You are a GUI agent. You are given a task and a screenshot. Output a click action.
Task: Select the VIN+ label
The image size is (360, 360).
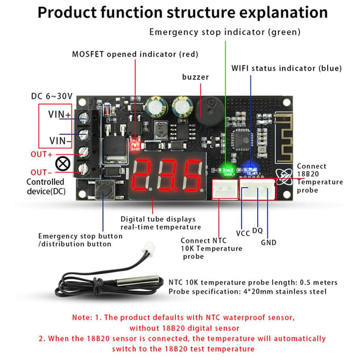[60, 114]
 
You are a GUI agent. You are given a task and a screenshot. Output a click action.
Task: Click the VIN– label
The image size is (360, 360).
[60, 141]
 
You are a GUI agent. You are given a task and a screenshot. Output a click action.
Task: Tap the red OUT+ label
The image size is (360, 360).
[41, 154]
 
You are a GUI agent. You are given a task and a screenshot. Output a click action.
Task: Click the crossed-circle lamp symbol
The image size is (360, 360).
[62, 164]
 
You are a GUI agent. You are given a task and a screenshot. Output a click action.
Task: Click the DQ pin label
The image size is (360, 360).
[257, 230]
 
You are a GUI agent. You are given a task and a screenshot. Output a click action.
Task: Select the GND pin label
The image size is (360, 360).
[268, 242]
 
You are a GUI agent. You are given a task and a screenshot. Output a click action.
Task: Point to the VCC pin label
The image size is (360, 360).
[243, 233]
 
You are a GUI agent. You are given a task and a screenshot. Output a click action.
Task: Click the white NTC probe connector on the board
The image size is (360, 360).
[225, 188]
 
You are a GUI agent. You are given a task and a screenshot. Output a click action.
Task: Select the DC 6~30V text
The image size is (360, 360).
[52, 96]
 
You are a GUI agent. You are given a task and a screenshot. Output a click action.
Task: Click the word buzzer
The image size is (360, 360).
[195, 77]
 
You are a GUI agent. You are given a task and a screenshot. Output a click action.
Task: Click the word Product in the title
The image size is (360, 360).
[67, 12]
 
